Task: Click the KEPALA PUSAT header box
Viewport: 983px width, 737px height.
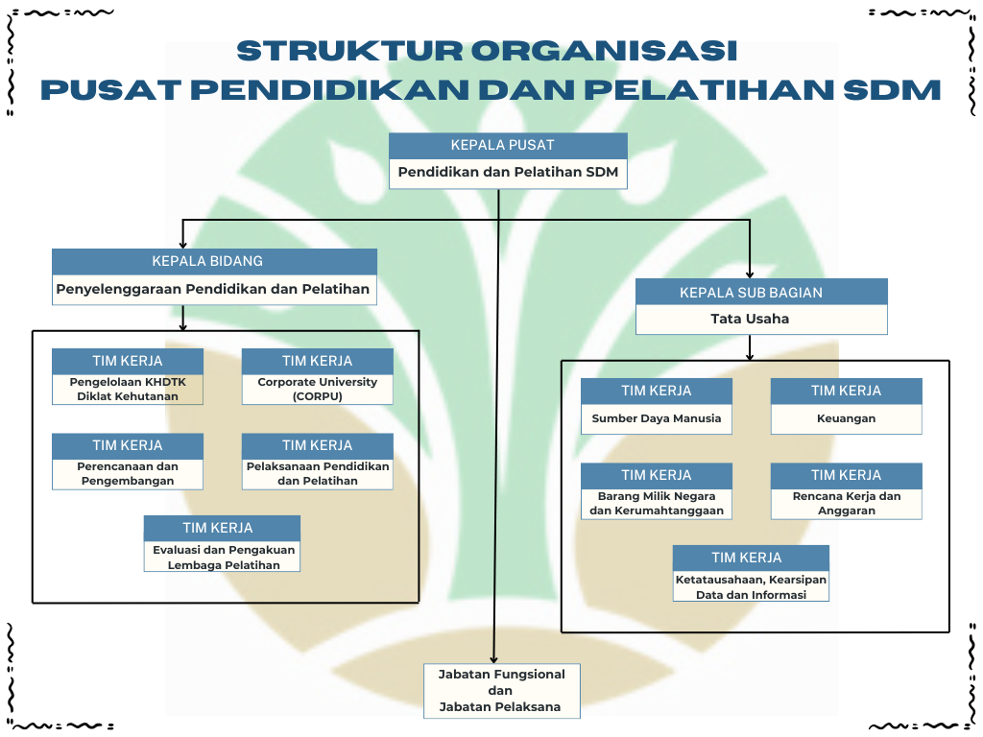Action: pyautogui.click(x=508, y=146)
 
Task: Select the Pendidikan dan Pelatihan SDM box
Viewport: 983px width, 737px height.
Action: pyautogui.click(x=508, y=174)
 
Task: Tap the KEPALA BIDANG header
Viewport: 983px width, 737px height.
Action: pyautogui.click(x=214, y=261)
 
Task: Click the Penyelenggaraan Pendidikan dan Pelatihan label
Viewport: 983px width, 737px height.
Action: pyautogui.click(x=213, y=289)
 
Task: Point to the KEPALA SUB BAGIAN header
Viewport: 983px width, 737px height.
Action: pyautogui.click(x=761, y=292)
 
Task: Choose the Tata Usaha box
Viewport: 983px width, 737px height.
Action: pyautogui.click(x=761, y=319)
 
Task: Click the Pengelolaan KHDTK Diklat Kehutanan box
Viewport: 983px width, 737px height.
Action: pyautogui.click(x=128, y=389)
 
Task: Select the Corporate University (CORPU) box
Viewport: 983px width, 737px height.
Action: pyautogui.click(x=317, y=389)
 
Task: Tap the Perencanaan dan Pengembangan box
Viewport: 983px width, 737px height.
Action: pyautogui.click(x=128, y=474)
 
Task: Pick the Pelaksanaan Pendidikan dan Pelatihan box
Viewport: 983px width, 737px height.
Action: pyautogui.click(x=317, y=474)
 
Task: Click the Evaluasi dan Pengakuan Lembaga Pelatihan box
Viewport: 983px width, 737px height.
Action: pyautogui.click(x=223, y=558)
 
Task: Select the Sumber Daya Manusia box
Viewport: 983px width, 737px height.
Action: pyautogui.click(x=657, y=418)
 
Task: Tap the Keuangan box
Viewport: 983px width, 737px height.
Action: pyautogui.click(x=846, y=418)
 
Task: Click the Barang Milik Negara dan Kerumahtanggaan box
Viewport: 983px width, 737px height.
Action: pyautogui.click(x=657, y=504)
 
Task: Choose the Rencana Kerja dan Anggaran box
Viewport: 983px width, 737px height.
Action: pyautogui.click(x=846, y=504)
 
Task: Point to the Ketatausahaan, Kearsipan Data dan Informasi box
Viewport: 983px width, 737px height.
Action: pyautogui.click(x=751, y=587)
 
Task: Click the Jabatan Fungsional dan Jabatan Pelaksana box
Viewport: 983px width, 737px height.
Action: pyautogui.click(x=502, y=691)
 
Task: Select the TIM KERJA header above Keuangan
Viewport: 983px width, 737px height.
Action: pyautogui.click(x=846, y=391)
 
